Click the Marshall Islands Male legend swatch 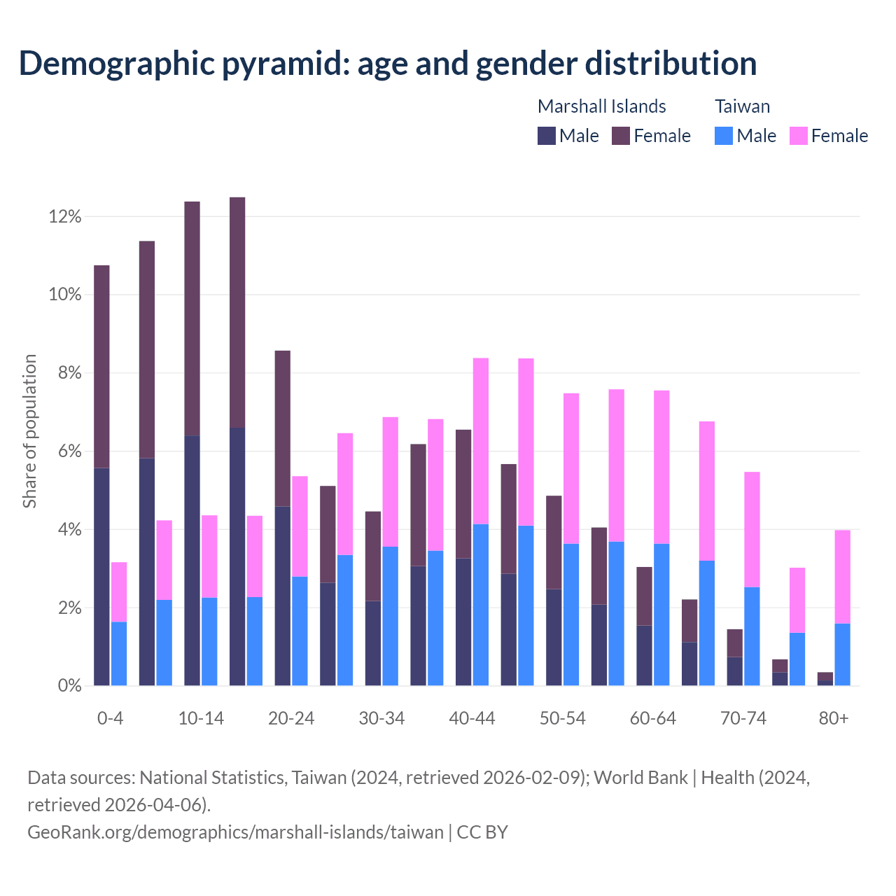click(x=547, y=136)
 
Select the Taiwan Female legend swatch click(x=799, y=136)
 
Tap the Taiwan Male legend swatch click(x=724, y=136)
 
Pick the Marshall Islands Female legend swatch click(x=622, y=136)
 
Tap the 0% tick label click(x=69, y=686)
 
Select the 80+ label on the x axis click(x=834, y=719)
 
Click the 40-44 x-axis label click(x=472, y=719)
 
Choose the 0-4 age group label click(x=111, y=719)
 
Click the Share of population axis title click(x=29, y=431)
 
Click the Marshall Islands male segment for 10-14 click(x=192, y=560)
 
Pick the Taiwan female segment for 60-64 click(x=661, y=467)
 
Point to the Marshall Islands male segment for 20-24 click(x=282, y=595)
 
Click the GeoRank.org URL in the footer click(x=235, y=832)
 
